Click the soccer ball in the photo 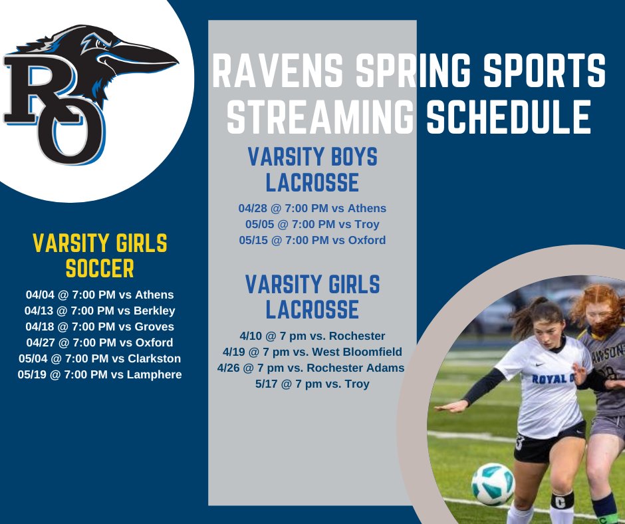tap(493, 484)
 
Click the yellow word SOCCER tap(99, 268)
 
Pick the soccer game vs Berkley tap(99, 311)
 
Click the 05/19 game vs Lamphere tap(99, 374)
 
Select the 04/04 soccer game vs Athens tap(99, 295)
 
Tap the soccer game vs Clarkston tap(99, 358)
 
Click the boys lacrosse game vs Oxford tap(312, 240)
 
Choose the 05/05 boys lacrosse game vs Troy tap(312, 224)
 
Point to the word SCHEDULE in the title tap(509, 118)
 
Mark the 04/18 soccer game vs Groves tap(99, 327)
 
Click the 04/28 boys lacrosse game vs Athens tap(312, 208)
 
